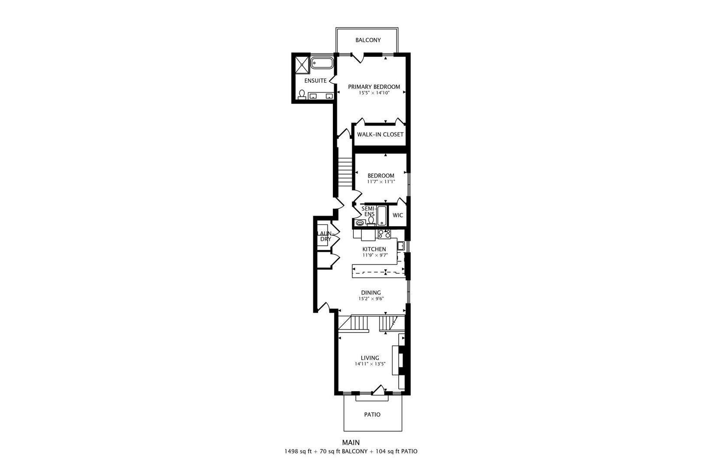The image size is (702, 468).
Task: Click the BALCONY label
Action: [368, 40]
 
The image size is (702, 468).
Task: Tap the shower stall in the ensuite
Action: [302, 64]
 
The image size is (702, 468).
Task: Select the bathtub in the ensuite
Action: [322, 63]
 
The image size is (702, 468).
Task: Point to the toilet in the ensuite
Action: [302, 94]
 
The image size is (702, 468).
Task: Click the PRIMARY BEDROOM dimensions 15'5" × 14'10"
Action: [374, 93]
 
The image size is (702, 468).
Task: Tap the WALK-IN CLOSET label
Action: [380, 134]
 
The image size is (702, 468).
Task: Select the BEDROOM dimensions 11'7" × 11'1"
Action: [380, 182]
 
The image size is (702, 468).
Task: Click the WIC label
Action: [397, 215]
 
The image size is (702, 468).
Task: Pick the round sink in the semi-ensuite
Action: [359, 223]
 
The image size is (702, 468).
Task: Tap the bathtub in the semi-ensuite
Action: [382, 216]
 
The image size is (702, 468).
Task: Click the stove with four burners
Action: [384, 234]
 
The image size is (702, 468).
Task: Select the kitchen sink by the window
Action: [401, 246]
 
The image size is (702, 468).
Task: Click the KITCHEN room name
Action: [374, 249]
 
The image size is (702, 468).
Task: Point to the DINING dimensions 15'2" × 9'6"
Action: [371, 299]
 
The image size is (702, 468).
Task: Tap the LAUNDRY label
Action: [325, 236]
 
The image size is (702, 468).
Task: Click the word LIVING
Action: [370, 358]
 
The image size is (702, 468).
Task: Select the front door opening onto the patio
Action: [378, 390]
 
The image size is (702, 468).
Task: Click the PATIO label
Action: [372, 415]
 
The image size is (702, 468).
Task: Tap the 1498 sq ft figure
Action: [298, 452]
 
